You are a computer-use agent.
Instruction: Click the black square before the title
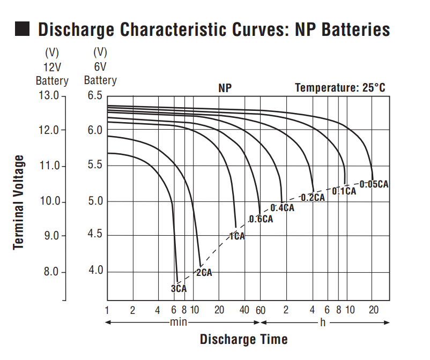(23, 29)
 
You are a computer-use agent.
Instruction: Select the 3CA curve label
(179, 289)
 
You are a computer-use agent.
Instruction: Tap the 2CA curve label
(204, 273)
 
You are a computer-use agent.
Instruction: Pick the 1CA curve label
(236, 236)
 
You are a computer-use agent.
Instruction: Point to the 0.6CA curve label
(261, 219)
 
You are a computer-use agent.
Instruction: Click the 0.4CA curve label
(282, 208)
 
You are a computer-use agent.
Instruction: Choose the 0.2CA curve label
(313, 198)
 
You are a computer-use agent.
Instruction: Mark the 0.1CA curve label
(344, 191)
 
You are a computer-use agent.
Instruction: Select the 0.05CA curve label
(374, 184)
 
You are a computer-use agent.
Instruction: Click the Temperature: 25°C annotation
(340, 87)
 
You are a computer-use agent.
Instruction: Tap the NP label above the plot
(225, 88)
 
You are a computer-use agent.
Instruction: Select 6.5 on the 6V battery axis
(94, 95)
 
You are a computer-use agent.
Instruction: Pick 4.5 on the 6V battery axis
(94, 236)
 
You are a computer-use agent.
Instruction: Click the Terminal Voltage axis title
(19, 202)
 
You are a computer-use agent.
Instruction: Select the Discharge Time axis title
(243, 339)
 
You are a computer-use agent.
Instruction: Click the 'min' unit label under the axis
(179, 322)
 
